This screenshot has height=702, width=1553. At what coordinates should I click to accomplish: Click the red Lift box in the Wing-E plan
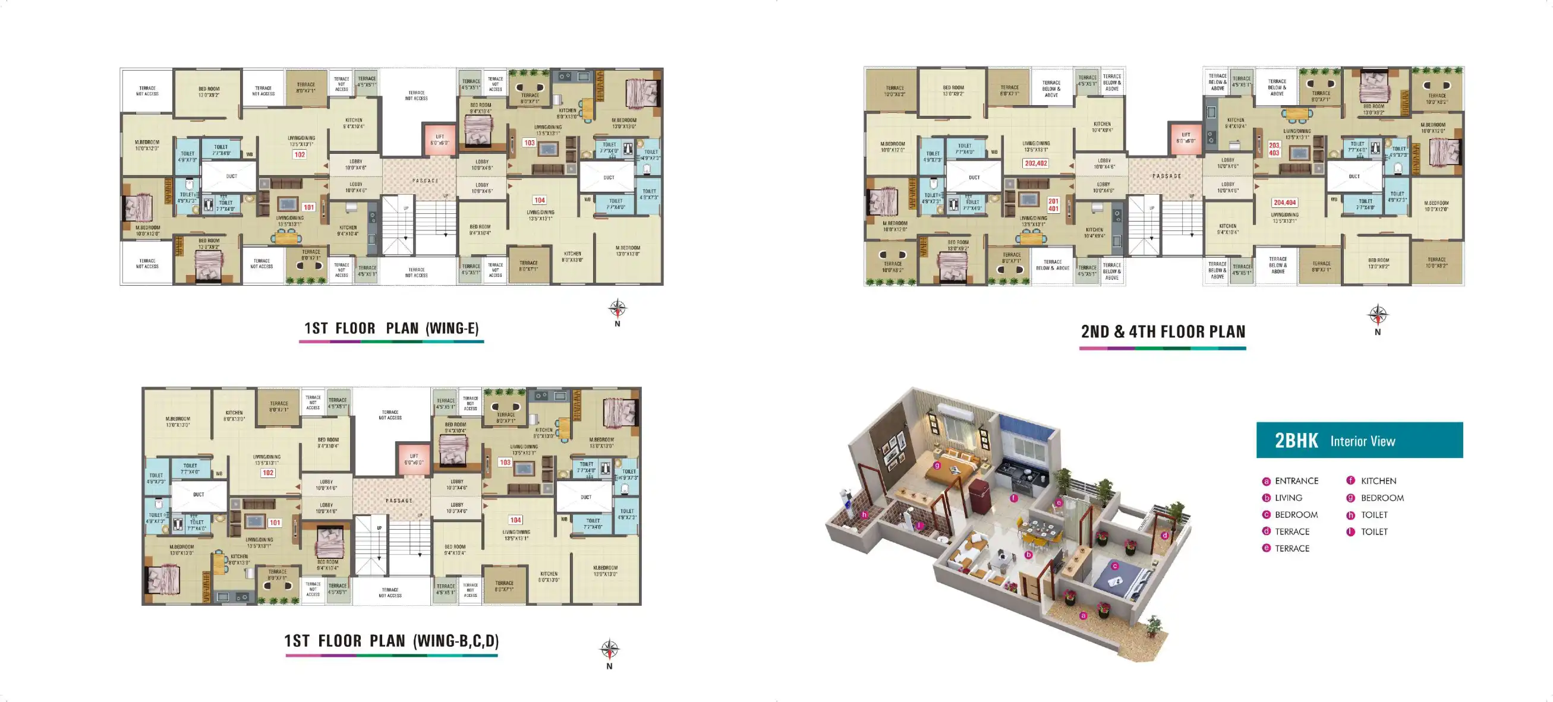point(439,139)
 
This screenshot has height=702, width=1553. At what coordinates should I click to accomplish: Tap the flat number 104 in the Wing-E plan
point(540,200)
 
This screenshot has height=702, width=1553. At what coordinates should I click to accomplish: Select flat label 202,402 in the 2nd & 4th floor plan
point(1036,163)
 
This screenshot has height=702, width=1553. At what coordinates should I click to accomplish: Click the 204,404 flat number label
point(1285,203)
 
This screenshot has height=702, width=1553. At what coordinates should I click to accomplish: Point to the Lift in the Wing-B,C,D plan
point(414,459)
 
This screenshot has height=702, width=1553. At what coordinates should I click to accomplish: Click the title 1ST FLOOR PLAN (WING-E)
point(391,328)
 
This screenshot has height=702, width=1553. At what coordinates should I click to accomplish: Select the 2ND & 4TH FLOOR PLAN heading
point(1163,332)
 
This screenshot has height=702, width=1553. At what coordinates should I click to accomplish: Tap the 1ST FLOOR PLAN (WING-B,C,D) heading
point(391,641)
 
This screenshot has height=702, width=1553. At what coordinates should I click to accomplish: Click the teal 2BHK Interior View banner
point(1359,441)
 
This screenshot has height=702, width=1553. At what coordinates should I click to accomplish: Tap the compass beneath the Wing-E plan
point(617,309)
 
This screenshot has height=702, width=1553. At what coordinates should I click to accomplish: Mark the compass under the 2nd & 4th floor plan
point(1378,315)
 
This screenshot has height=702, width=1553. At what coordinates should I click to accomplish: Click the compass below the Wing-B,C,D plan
point(610,650)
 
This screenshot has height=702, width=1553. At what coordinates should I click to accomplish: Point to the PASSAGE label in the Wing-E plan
point(425,181)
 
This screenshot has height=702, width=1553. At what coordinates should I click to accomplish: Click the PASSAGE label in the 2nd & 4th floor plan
point(1167,176)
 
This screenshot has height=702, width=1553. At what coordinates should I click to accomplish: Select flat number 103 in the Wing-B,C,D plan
point(505,463)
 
